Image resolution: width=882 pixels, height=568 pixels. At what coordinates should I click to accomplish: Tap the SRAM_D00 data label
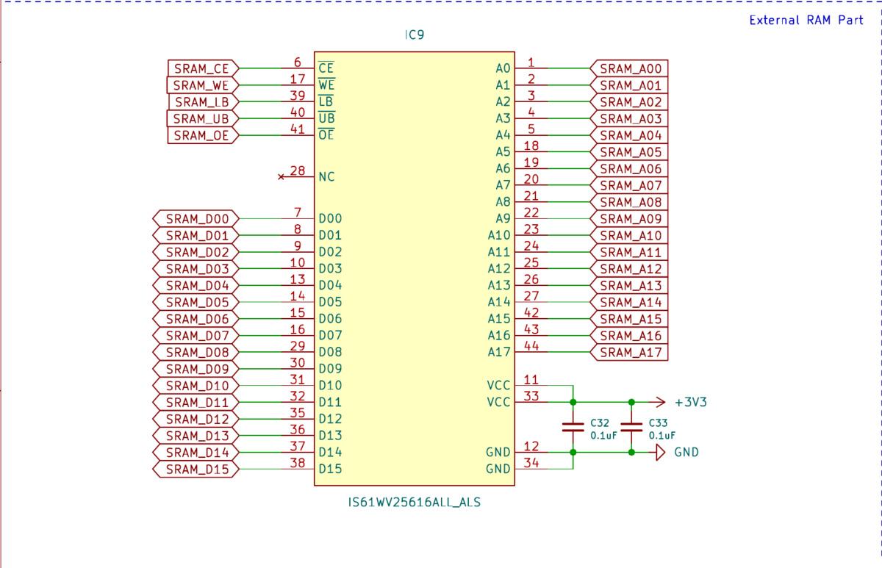(x=196, y=219)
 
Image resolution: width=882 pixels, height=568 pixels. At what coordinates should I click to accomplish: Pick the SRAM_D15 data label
(x=196, y=470)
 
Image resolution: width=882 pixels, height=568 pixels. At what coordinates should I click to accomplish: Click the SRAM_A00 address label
(x=629, y=68)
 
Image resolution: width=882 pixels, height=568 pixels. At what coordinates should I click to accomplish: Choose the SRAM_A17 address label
(x=629, y=352)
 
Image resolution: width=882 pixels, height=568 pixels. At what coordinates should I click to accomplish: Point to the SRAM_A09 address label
(x=629, y=219)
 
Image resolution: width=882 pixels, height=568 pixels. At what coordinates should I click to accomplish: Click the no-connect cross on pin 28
(x=281, y=177)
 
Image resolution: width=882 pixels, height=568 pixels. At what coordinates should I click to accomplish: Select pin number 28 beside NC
(x=298, y=170)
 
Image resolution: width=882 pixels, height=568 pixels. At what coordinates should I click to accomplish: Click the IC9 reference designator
(x=415, y=35)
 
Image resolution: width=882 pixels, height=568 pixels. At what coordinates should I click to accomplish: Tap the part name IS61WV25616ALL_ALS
(x=415, y=503)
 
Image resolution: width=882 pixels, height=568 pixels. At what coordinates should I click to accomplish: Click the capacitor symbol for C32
(x=573, y=427)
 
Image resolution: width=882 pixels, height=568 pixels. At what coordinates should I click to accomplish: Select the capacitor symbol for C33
(x=631, y=427)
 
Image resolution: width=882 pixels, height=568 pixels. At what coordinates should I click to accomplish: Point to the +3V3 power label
(x=691, y=402)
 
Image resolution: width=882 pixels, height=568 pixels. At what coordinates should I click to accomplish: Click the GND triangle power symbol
(x=660, y=453)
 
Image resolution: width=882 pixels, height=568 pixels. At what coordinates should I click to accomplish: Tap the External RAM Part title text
(x=806, y=20)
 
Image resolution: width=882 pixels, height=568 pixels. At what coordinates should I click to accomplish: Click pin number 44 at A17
(x=531, y=346)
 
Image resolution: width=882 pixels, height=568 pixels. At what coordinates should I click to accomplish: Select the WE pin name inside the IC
(x=326, y=85)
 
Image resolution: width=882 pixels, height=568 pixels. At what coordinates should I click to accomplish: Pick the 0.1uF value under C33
(x=662, y=435)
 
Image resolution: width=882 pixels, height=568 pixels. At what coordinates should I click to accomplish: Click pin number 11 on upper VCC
(x=531, y=379)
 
